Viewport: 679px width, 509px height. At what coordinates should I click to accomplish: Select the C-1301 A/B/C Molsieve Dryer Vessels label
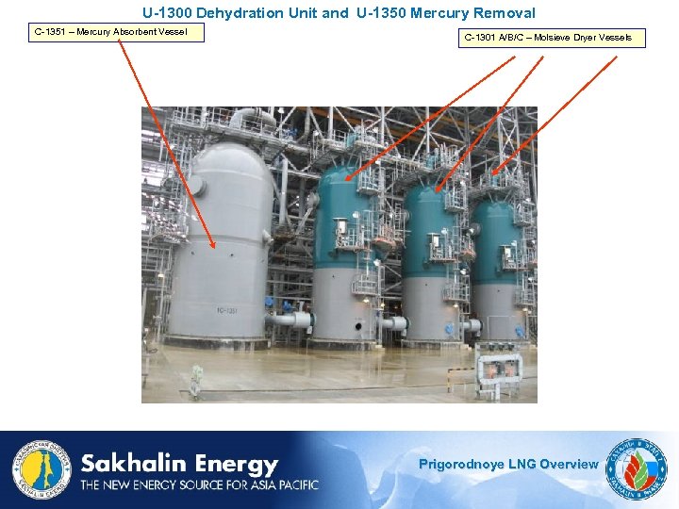tap(554, 38)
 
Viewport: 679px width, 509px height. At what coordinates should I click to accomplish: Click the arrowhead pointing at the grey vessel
tap(216, 248)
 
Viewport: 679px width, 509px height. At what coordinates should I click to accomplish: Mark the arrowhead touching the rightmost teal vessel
tap(494, 172)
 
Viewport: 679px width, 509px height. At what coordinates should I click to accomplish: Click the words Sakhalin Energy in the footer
tap(179, 465)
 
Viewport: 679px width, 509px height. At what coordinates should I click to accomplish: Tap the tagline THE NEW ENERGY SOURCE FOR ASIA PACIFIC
tap(199, 485)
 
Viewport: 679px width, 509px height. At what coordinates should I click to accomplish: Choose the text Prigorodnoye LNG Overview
tap(507, 464)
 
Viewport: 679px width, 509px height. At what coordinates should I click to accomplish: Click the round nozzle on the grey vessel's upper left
tap(198, 187)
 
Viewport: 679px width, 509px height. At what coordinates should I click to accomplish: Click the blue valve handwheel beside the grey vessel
tap(269, 304)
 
